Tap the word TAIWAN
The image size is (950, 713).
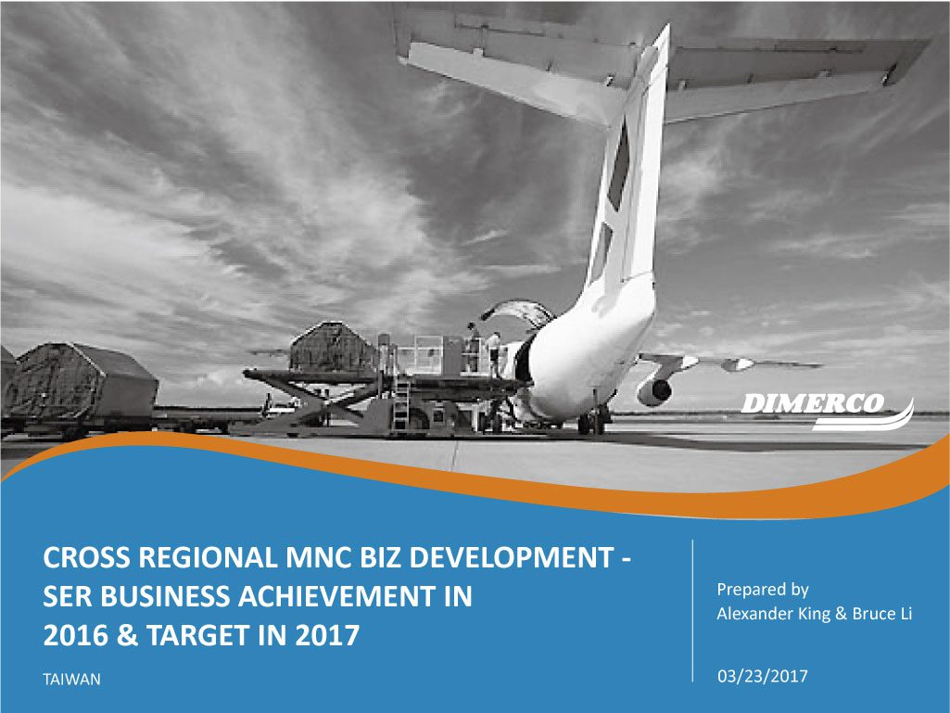(x=71, y=679)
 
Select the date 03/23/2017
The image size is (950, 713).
(x=762, y=676)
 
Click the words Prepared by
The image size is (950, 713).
(x=762, y=590)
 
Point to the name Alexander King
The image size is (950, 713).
(x=773, y=614)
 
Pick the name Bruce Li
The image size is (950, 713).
(x=881, y=614)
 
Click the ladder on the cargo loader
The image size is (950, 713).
(x=400, y=405)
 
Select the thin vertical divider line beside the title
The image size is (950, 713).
(x=692, y=610)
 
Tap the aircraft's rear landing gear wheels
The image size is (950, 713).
(x=594, y=420)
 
